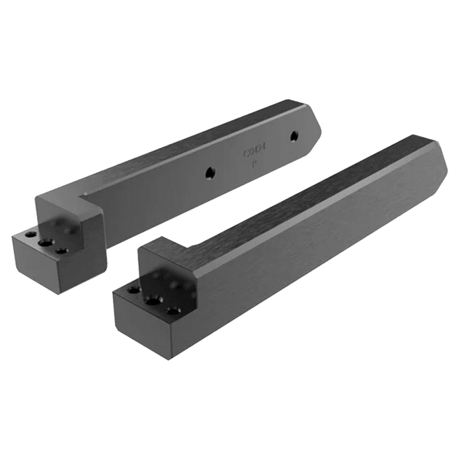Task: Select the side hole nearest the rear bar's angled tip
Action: [x=294, y=136]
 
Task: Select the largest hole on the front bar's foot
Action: [x=152, y=301]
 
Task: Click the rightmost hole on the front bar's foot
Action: [x=172, y=311]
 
